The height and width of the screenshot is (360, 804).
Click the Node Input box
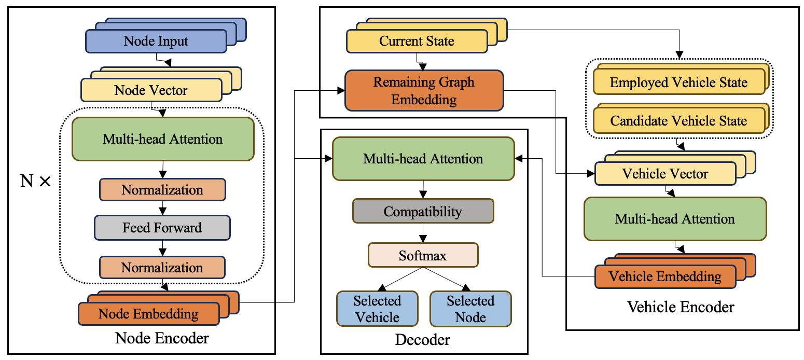click(x=156, y=41)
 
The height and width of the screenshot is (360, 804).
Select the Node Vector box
click(x=151, y=90)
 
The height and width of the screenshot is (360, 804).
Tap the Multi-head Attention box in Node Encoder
click(x=162, y=139)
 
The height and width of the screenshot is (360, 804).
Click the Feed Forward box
click(x=162, y=228)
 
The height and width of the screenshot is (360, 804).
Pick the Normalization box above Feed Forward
click(x=162, y=190)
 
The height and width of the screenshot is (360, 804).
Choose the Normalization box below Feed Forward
click(x=162, y=268)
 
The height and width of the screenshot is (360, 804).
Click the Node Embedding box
click(x=148, y=314)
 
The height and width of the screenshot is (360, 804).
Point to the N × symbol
click(x=35, y=182)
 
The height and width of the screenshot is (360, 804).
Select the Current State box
click(x=417, y=41)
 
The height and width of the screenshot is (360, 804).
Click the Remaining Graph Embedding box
click(x=424, y=91)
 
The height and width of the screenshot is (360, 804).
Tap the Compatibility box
click(x=423, y=212)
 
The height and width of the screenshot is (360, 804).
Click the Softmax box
click(x=423, y=256)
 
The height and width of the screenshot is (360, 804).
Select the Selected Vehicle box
click(x=377, y=309)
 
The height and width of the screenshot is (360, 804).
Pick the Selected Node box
click(x=470, y=309)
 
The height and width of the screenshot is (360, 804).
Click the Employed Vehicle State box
click(x=678, y=83)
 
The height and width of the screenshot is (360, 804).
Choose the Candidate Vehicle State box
click(x=678, y=121)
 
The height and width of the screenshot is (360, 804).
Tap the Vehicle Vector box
click(x=665, y=174)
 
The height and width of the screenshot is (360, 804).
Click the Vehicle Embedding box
click(x=665, y=276)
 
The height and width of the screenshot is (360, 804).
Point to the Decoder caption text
click(x=423, y=340)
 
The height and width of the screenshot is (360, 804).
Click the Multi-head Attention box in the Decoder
click(x=423, y=159)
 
